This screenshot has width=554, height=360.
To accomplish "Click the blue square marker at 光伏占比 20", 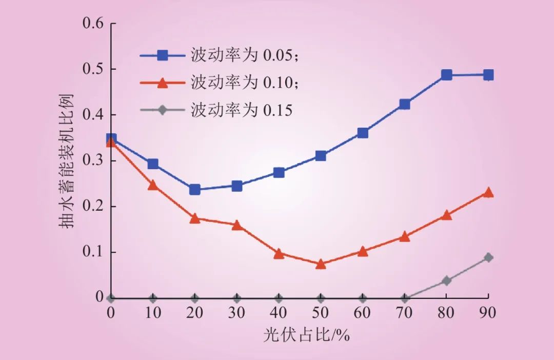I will point(194,190).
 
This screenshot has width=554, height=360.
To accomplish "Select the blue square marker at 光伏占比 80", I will point(446,75).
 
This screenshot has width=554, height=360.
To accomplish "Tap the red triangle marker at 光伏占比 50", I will point(321,264).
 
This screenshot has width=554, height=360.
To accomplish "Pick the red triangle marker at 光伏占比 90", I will point(488,193).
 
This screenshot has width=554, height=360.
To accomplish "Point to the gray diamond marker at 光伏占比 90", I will point(488,257).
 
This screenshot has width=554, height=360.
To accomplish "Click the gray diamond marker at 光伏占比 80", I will point(446,281).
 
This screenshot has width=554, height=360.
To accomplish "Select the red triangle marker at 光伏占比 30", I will point(236,225).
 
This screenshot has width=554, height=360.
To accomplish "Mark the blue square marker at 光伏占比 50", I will point(321,155).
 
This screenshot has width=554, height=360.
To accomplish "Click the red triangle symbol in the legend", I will point(163,82).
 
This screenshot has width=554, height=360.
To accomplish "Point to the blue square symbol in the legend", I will point(163,55).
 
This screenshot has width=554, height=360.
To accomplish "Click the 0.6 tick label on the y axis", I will point(93,24).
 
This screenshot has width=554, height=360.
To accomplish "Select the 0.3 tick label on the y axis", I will point(93,161).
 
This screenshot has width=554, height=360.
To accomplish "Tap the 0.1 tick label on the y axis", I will point(93,252).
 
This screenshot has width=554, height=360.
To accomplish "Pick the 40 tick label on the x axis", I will point(279,312).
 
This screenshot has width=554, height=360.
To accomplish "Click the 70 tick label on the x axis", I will point(405,312).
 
